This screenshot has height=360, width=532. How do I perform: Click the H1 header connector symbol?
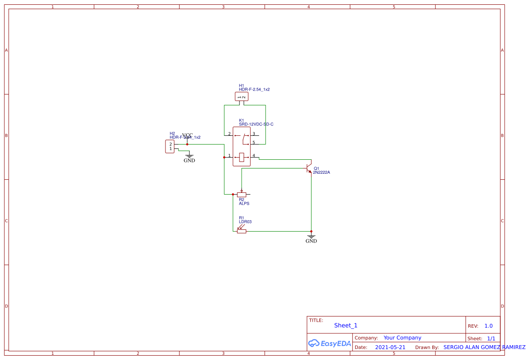(242, 97)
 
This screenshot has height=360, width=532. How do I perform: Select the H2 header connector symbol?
(170, 147)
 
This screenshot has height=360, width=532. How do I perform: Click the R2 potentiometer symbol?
(242, 195)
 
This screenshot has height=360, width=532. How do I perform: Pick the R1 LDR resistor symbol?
(242, 231)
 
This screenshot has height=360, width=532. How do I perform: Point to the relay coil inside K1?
(242, 157)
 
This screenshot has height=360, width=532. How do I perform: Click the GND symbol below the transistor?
(311, 238)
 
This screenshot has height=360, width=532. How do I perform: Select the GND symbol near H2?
(189, 157)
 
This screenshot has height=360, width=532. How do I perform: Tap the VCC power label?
(188, 135)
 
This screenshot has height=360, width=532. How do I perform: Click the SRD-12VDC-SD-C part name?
(256, 124)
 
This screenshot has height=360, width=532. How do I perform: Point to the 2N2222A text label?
(322, 172)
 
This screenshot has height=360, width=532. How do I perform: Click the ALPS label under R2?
(244, 204)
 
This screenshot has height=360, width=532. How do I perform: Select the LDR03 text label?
(245, 222)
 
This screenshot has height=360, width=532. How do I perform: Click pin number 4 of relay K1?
(254, 156)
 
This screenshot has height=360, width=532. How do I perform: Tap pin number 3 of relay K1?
(254, 134)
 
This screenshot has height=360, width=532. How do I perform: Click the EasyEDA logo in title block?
(330, 343)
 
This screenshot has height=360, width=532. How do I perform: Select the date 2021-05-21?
(390, 347)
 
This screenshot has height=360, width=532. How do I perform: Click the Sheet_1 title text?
(346, 325)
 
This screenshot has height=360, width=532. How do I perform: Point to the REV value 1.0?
(488, 326)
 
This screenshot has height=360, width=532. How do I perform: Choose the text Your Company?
(402, 338)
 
